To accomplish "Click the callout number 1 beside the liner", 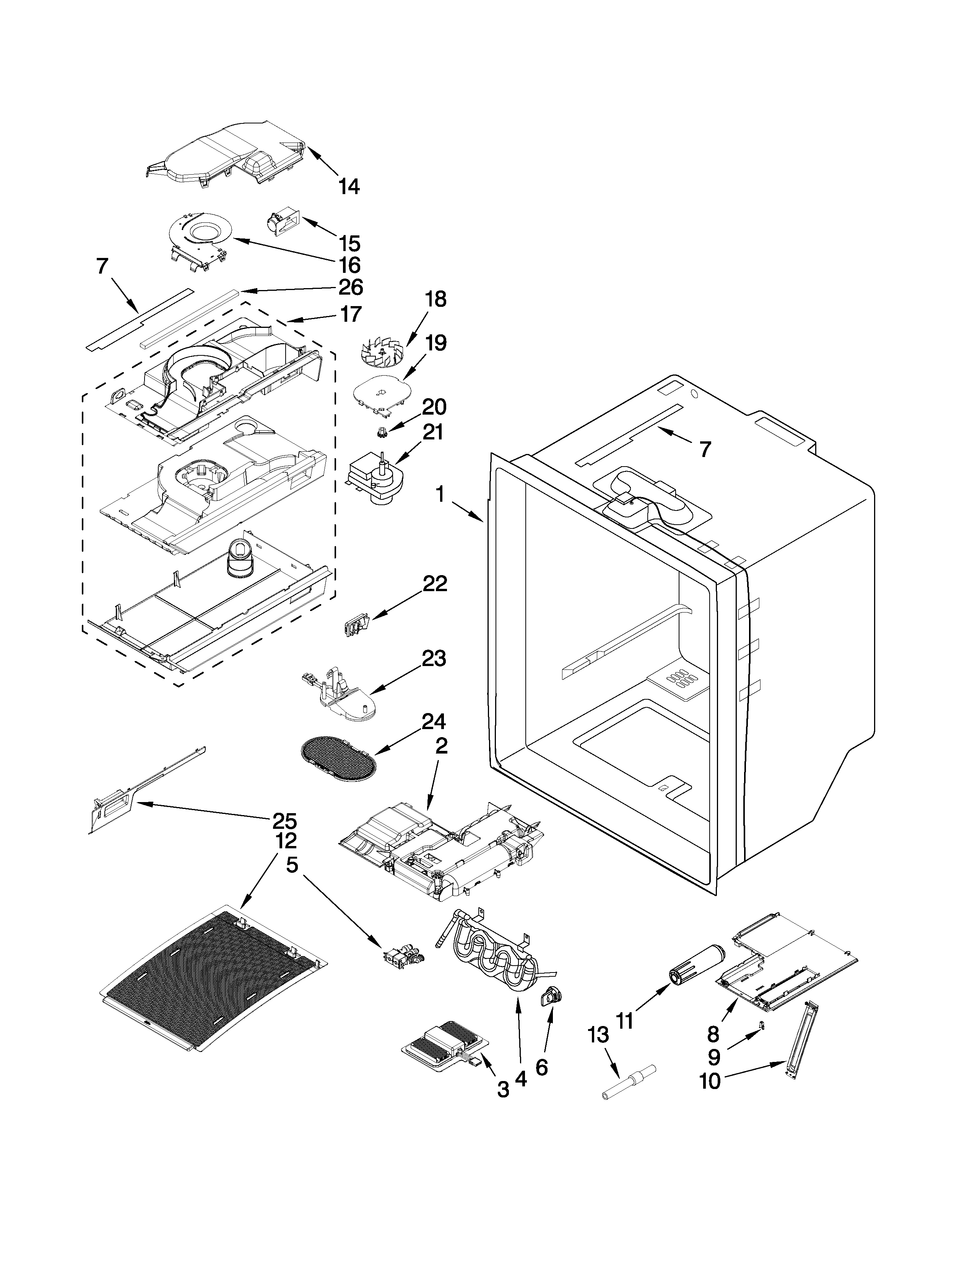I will [x=440, y=494].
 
